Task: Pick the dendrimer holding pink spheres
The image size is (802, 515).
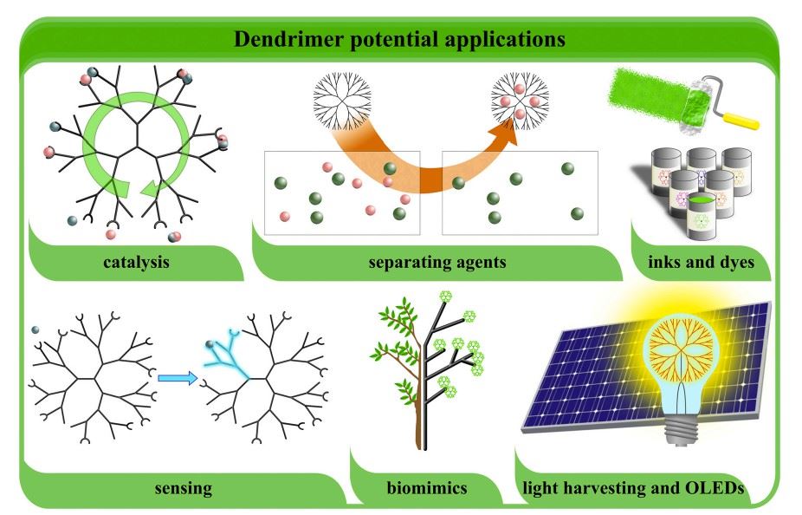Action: pos(519,100)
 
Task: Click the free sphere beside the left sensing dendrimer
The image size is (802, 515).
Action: pos(35,329)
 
